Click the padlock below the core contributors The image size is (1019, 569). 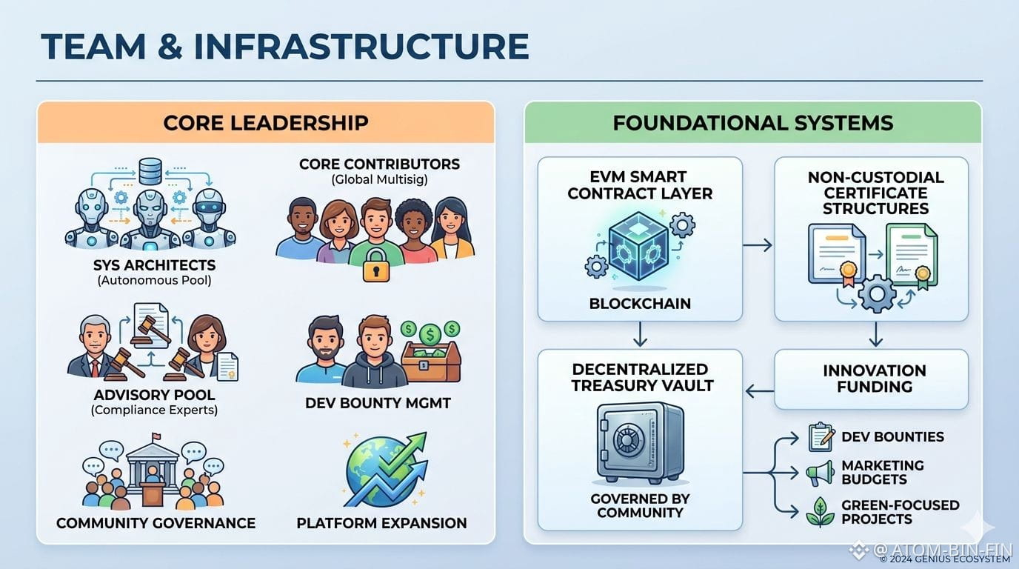tap(375, 265)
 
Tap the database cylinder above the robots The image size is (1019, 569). tap(150, 171)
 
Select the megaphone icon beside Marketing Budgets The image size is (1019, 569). tap(821, 473)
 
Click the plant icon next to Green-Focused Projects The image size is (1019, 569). tap(820, 512)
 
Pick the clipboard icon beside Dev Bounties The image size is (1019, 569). tap(821, 437)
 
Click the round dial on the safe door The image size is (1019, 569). tap(629, 441)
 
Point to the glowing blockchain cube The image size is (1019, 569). tap(638, 245)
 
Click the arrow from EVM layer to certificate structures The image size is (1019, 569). tap(758, 245)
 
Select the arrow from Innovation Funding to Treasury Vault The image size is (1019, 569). tap(760, 390)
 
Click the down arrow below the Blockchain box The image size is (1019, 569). tap(640, 334)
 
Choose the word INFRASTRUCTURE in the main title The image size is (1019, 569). tap(361, 47)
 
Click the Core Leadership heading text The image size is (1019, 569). tap(266, 123)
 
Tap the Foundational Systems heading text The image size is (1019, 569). tap(753, 124)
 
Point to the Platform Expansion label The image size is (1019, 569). tap(381, 523)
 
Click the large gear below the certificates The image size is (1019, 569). tap(877, 293)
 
